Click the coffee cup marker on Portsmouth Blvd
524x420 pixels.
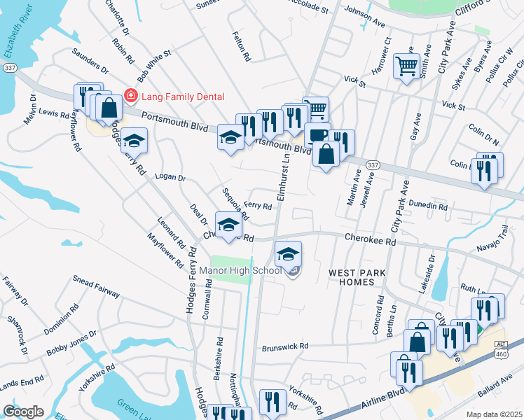point(317,134)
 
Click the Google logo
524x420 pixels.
point(24,412)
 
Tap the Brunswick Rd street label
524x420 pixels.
point(285,346)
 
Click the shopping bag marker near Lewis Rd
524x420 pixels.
point(109,108)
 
